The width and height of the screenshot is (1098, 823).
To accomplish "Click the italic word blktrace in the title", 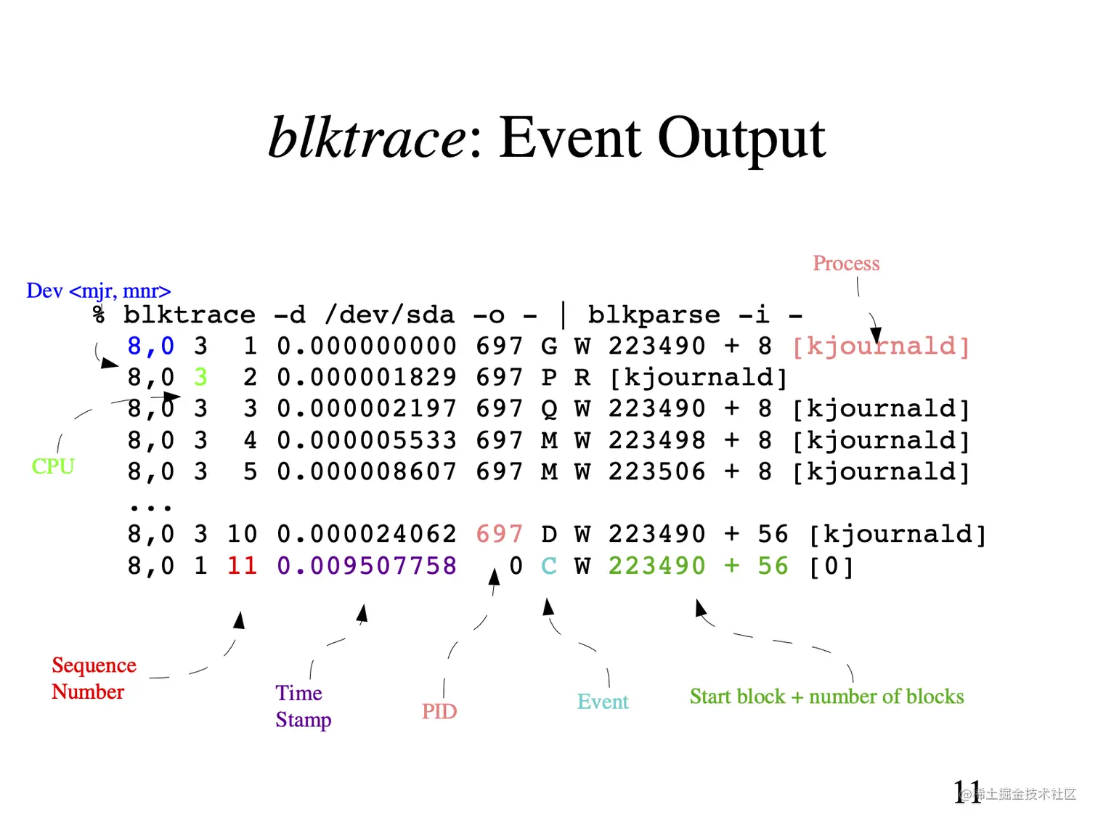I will click(367, 138).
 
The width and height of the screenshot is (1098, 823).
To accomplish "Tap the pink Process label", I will click(846, 264).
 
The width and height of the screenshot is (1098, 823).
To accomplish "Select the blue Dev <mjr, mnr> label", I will click(98, 291).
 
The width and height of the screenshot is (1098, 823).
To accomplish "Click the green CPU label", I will click(53, 466).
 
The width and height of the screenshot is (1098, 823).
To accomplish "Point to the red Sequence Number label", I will click(93, 678).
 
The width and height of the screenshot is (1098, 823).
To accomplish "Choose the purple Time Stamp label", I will click(303, 706).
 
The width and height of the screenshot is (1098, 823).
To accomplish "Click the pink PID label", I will click(439, 712).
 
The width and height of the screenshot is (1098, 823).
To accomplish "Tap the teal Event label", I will click(603, 702).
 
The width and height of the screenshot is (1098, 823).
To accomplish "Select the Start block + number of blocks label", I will click(826, 697).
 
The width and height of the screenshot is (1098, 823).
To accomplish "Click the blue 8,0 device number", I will click(151, 346).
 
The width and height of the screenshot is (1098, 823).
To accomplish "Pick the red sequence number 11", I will click(242, 566).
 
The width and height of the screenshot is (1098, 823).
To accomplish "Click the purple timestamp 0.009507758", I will click(367, 566).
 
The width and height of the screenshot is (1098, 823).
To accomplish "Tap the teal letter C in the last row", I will click(549, 566).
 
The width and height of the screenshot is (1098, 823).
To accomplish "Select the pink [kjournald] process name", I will click(881, 346).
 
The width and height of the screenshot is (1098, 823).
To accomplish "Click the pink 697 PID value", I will click(499, 535).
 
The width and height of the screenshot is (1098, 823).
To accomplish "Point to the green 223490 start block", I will click(656, 566).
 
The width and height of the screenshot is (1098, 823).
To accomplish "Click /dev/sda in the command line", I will click(390, 315).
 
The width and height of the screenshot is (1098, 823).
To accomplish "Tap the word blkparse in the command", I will click(654, 315).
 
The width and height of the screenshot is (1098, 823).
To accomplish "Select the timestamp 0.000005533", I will click(367, 441).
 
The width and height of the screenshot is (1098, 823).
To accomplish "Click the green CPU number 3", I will click(201, 378).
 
